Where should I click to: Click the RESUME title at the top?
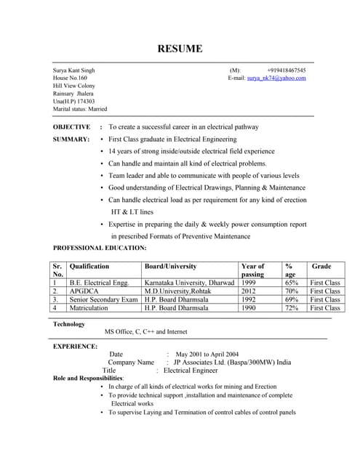(x=180, y=49)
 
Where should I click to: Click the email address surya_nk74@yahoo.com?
(x=276, y=77)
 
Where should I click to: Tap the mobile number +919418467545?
(x=286, y=70)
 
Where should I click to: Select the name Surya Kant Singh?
(x=73, y=70)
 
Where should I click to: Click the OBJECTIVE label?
(x=72, y=126)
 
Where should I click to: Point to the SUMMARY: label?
(x=71, y=139)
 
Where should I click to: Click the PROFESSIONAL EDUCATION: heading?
(x=100, y=248)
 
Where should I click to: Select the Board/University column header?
(x=170, y=267)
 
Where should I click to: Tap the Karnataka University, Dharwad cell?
(x=189, y=282)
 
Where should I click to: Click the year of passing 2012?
(x=249, y=291)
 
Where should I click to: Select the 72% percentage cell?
(x=292, y=308)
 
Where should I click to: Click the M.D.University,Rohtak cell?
(x=178, y=291)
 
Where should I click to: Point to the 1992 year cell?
(x=249, y=299)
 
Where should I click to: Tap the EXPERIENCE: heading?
(x=75, y=346)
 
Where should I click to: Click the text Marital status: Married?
(x=80, y=109)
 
